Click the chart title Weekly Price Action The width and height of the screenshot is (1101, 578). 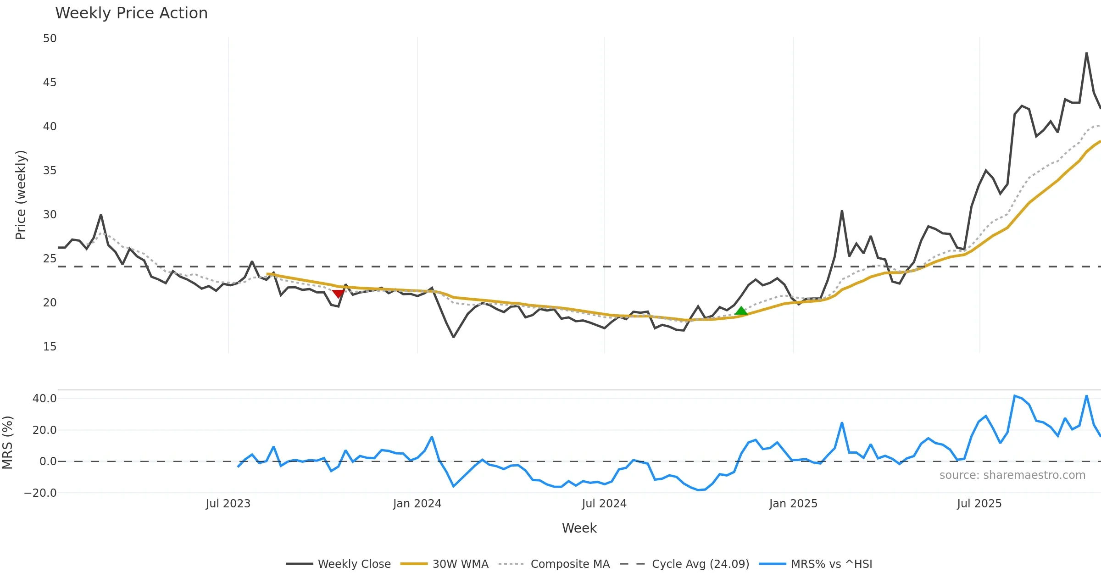[131, 13]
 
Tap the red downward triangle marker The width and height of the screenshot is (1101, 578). [338, 294]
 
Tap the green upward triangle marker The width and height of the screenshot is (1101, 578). [741, 311]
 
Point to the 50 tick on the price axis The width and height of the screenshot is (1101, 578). [50, 39]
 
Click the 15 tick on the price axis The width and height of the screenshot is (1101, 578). [50, 347]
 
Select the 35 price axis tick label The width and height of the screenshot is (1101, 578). [50, 171]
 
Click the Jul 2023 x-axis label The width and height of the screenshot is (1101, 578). [228, 504]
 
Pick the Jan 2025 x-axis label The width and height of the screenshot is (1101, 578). [793, 504]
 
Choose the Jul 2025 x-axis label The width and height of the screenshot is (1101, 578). [979, 504]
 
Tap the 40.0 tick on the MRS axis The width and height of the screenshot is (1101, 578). [44, 399]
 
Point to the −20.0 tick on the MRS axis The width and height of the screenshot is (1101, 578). [40, 493]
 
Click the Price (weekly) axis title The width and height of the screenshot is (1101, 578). [21, 195]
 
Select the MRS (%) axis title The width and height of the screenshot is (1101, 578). [7, 443]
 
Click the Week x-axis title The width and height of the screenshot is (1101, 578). [579, 528]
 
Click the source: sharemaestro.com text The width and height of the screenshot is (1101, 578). [1012, 475]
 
